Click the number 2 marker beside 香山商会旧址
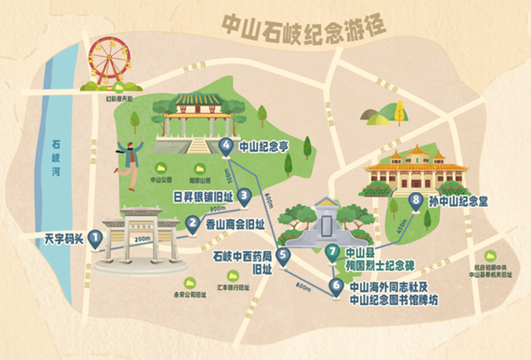(192, 224)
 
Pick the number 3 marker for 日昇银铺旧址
(245, 196)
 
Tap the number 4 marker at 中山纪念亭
(226, 146)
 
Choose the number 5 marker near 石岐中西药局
(283, 254)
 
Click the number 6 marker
(336, 282)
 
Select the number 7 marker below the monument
(332, 252)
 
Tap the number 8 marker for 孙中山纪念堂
(415, 200)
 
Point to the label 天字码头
(53, 238)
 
